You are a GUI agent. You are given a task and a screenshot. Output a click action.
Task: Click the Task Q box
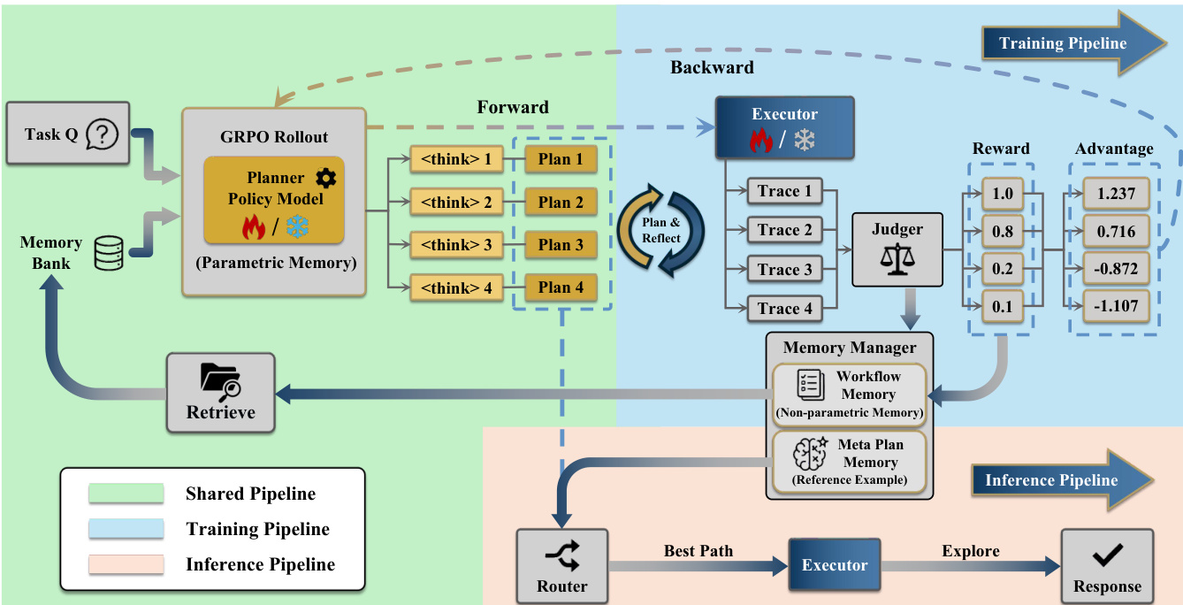68,134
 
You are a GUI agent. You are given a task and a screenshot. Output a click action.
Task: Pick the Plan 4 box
561,287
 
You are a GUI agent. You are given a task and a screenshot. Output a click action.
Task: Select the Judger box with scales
897,249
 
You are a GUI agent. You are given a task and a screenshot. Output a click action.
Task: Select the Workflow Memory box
849,394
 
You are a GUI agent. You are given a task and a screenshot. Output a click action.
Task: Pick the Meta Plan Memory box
849,461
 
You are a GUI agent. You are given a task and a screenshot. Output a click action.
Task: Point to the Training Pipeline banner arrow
1073,43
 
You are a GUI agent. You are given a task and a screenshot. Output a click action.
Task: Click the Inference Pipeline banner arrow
1061,480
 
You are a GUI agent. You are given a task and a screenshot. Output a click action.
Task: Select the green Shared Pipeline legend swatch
126,494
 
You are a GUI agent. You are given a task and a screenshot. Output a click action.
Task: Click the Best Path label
698,551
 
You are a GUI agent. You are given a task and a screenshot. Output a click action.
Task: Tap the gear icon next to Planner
325,178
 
